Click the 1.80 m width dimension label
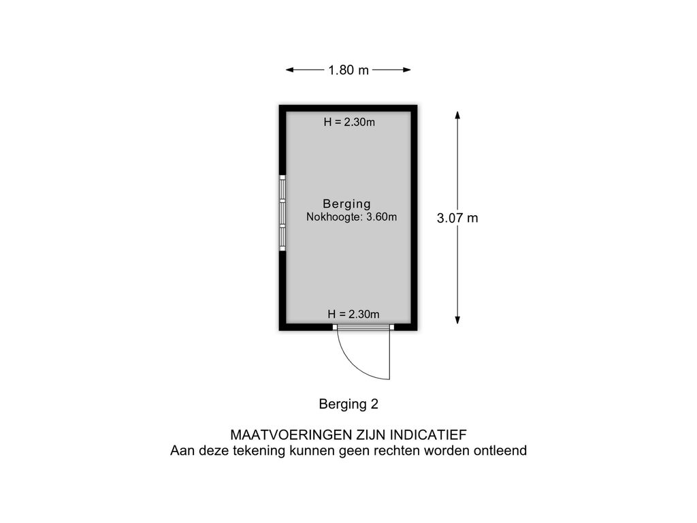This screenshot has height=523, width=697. pos(348,70)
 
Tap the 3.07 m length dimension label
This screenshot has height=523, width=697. pos(457,218)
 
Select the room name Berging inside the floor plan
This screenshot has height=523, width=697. pos(346,204)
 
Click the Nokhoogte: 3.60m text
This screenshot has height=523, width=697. pos(352,217)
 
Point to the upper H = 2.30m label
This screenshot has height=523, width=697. pos(349,122)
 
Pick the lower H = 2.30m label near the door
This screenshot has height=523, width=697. pos(353,314)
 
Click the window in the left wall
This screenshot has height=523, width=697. pos(282,212)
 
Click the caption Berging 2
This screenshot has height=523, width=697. pos(348,404)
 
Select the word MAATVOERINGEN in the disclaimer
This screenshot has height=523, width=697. pos(290,434)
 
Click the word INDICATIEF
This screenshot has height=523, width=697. pos(429,434)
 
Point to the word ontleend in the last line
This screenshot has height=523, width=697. pos(500,451)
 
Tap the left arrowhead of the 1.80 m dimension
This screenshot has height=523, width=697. pos(290,70)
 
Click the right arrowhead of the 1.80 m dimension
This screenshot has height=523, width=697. pos(407,70)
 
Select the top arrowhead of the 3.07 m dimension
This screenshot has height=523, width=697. pos(457,115)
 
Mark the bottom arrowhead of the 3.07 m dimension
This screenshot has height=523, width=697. pos(457,319)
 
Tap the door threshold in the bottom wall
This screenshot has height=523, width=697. pos(363,328)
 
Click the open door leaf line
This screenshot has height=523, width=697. pos(390,354)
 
